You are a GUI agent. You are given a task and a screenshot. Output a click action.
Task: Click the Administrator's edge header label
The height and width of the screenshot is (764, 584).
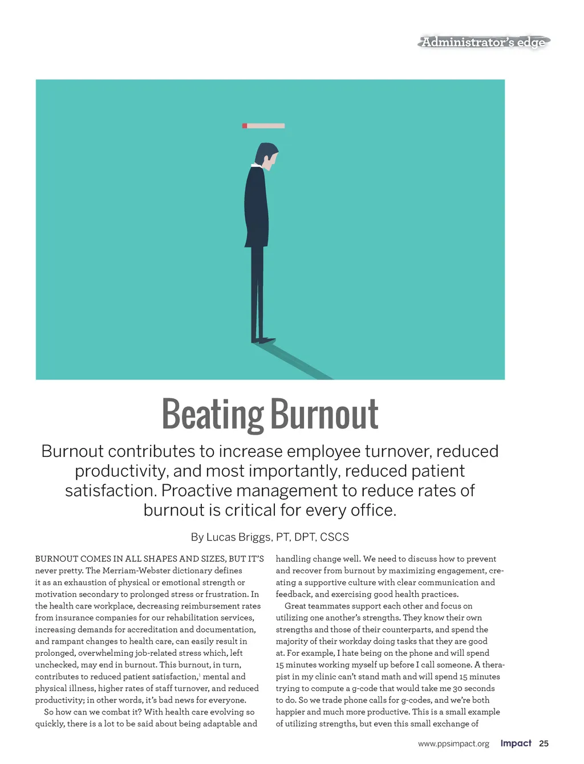pyautogui.click(x=484, y=42)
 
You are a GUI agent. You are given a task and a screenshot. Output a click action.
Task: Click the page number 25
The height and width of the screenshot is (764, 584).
pyautogui.click(x=544, y=743)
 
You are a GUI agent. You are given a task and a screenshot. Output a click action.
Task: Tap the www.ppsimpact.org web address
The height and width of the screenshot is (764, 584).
pyautogui.click(x=453, y=743)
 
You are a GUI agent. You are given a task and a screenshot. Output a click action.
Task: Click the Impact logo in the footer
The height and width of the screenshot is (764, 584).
pyautogui.click(x=516, y=743)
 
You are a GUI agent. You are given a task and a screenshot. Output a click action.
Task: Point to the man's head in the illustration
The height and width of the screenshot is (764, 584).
pyautogui.click(x=266, y=155)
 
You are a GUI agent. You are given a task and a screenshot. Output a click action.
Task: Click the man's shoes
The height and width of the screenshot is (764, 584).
pyautogui.click(x=263, y=340)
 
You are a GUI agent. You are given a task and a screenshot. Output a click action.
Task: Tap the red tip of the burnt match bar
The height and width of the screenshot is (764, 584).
pyautogui.click(x=245, y=126)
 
